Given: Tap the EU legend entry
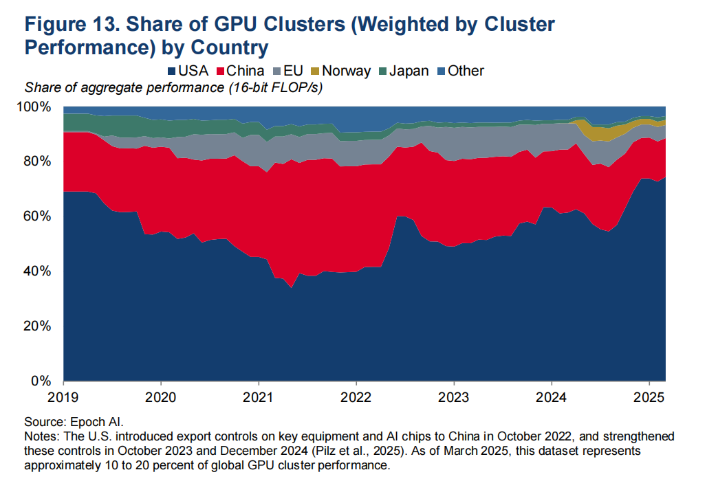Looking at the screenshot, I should [290, 71].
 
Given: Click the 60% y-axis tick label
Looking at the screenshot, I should [37, 216].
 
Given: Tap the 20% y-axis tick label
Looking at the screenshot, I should [37, 326].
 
